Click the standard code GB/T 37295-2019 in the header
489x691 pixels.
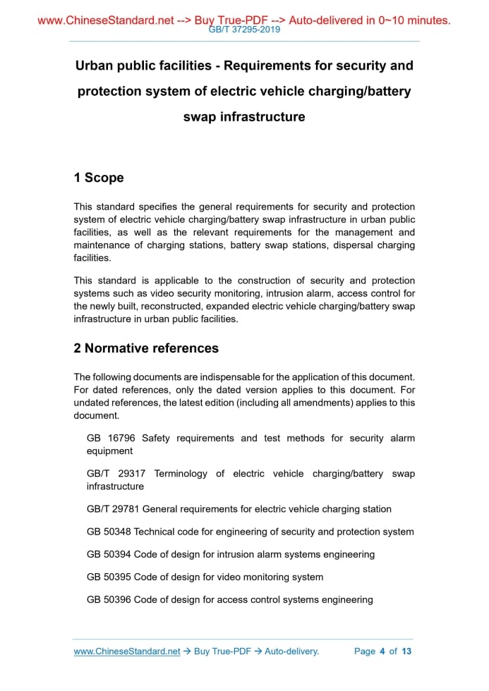tap(244, 30)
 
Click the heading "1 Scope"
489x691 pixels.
tap(99, 178)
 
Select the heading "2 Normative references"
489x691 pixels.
tap(146, 348)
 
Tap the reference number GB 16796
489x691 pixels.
tap(111, 438)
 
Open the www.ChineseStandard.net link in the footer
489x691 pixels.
tap(127, 652)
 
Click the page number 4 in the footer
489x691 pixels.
tap(382, 652)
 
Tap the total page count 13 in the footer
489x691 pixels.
tap(406, 652)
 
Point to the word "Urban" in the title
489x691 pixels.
tap(96, 66)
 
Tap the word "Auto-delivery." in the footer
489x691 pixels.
tap(292, 652)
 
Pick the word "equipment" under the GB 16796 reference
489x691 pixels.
tap(109, 451)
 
